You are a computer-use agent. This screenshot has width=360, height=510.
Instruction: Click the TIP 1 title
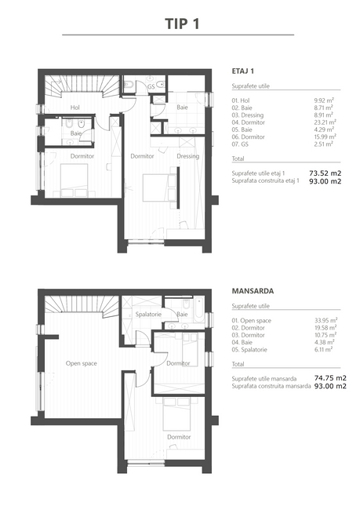(182, 24)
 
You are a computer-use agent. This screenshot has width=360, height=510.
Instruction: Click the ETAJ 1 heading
(243, 71)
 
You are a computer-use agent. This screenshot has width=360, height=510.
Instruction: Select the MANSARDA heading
(253, 291)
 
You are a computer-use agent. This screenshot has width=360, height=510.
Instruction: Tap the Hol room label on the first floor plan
(75, 107)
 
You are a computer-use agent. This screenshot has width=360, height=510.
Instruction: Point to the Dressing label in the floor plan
(188, 156)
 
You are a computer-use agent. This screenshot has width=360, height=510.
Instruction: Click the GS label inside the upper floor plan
(151, 87)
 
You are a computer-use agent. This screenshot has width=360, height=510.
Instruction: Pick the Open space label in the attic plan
(82, 363)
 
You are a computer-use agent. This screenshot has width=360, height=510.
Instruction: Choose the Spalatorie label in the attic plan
(148, 314)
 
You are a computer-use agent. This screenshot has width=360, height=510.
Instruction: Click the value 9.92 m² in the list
(324, 100)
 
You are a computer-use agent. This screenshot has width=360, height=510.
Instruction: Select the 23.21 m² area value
(325, 122)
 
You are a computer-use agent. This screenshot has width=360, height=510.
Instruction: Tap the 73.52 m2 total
(325, 173)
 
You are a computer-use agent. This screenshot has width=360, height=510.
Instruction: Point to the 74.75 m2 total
(330, 378)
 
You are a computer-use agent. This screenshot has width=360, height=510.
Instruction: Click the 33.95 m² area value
(325, 320)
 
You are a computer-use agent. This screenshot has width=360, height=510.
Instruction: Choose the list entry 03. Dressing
(248, 115)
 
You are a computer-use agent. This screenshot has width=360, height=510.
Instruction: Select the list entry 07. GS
(240, 144)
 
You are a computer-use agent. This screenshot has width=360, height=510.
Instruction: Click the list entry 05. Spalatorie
(249, 350)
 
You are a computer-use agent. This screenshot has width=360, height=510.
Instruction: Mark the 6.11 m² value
(324, 350)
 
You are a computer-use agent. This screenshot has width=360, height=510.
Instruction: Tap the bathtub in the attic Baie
(198, 310)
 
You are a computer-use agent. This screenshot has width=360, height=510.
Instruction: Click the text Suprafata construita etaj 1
(265, 180)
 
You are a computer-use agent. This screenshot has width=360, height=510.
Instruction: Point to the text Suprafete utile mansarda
(264, 379)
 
